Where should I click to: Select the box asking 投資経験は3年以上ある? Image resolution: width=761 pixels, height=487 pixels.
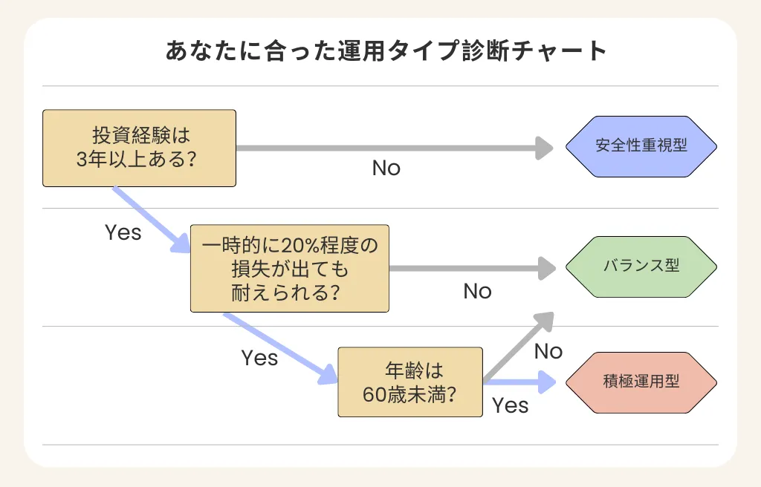(139, 148)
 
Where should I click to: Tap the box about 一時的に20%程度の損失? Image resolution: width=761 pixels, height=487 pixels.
(290, 269)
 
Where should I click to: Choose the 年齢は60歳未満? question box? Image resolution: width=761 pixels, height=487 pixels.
(409, 382)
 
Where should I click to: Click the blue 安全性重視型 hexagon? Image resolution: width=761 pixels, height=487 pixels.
(641, 146)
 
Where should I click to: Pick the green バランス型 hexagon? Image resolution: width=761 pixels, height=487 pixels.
(641, 266)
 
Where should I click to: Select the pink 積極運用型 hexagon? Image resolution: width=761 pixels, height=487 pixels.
(641, 382)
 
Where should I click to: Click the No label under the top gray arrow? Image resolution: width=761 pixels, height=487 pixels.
(386, 169)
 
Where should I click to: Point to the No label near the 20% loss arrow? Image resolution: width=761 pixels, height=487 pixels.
(477, 291)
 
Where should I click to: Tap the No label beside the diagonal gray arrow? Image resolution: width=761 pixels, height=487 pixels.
(548, 351)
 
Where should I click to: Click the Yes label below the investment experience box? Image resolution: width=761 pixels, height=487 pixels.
(123, 232)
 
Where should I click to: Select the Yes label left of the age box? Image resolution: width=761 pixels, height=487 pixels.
(259, 358)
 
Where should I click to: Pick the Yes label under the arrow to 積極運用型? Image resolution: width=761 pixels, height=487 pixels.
(511, 405)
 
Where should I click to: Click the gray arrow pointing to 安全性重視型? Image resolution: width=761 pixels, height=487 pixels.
(394, 148)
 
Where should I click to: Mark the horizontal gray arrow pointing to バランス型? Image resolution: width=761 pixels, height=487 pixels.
(472, 267)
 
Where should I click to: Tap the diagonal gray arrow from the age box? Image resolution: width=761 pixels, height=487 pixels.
(520, 346)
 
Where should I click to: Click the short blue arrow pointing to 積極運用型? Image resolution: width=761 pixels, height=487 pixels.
(520, 384)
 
